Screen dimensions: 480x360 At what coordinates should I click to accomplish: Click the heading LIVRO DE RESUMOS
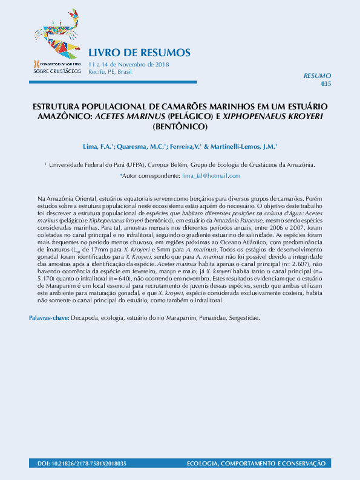[139, 52]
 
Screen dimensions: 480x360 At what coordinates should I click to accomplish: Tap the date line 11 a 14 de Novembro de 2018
[128, 64]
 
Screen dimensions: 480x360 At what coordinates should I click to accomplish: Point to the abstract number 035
[326, 83]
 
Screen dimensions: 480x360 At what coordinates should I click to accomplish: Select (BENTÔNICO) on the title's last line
[180, 127]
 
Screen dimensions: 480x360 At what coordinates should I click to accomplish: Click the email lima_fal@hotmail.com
[211, 175]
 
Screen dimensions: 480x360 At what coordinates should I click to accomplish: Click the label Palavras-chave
[49, 317]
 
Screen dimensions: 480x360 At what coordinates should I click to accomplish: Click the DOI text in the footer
[77, 463]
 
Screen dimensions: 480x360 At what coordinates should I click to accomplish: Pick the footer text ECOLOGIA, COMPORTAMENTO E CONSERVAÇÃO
[256, 463]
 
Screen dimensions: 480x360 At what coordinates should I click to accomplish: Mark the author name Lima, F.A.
[96, 147]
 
